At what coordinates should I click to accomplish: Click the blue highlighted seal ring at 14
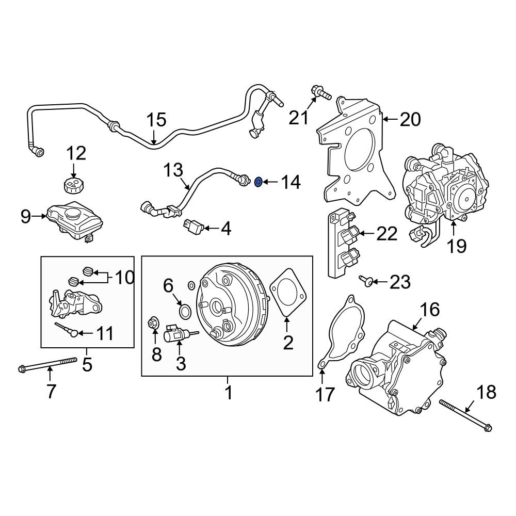pos(260,181)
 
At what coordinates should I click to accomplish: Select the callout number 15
pos(155,120)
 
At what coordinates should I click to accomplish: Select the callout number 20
pos(410,120)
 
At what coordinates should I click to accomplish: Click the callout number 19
pos(457,246)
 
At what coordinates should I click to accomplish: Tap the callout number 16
pos(430,310)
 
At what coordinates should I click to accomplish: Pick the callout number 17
pos(325,394)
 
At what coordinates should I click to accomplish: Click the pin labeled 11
pos(67,328)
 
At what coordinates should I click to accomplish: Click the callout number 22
pos(386,234)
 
